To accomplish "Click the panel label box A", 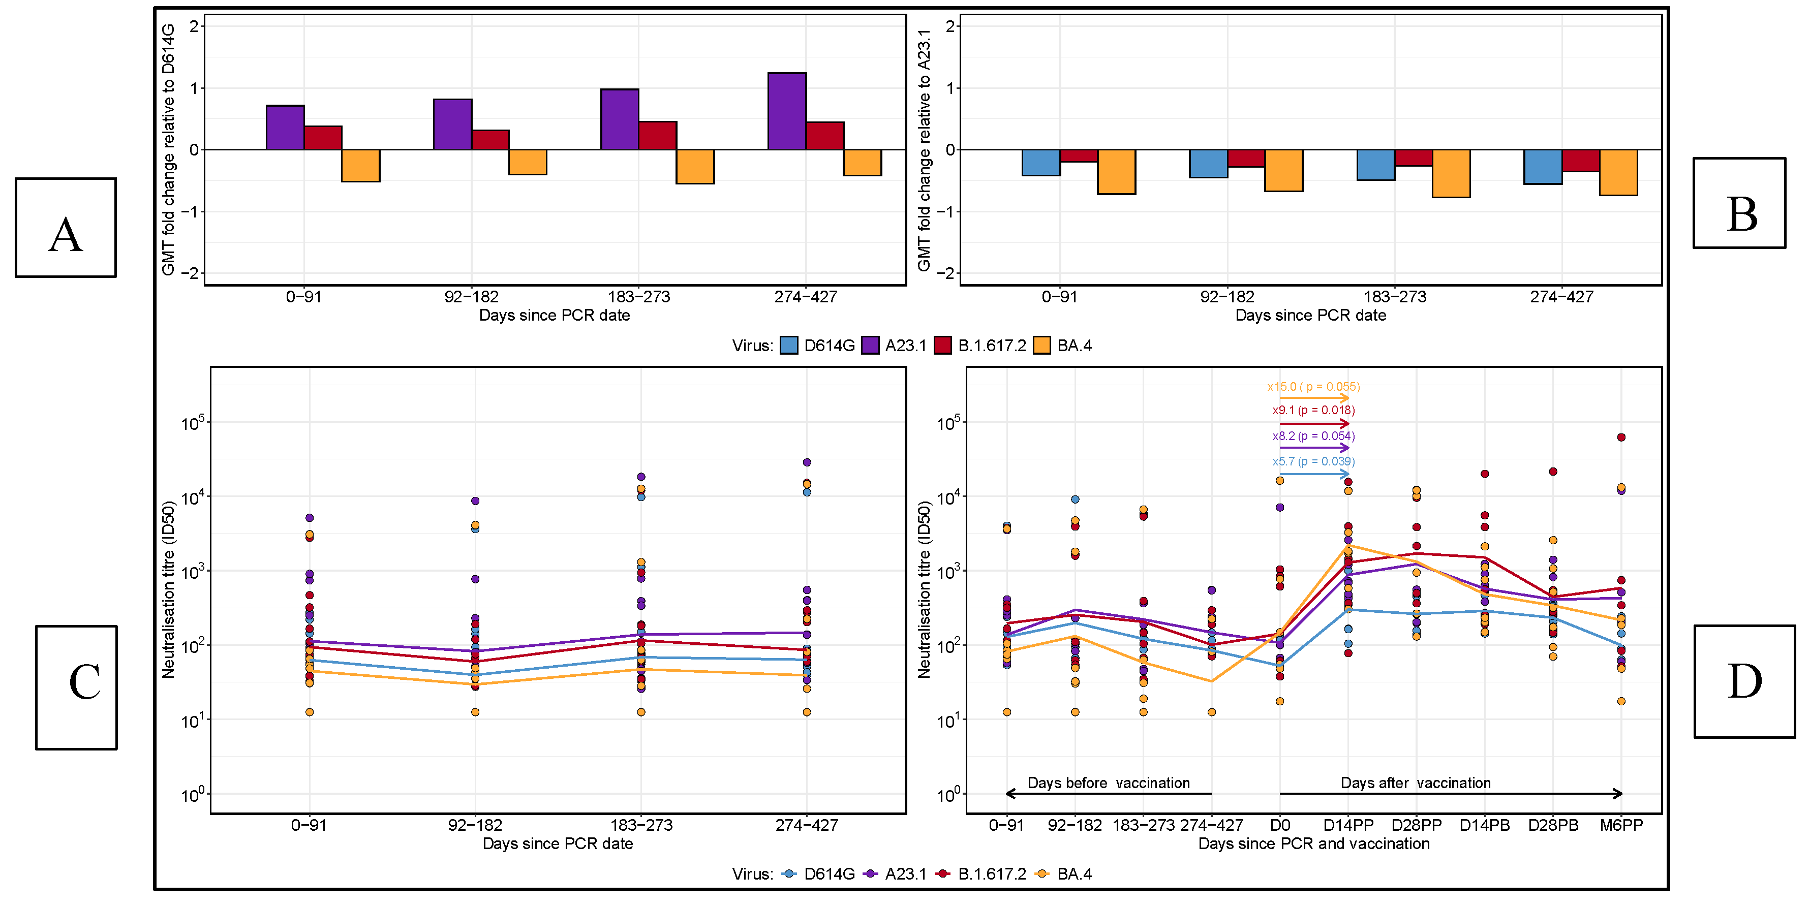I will click(66, 228).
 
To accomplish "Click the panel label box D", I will click(1744, 681).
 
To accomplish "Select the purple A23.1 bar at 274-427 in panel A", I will click(786, 111).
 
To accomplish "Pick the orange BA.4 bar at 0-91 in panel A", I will click(360, 166).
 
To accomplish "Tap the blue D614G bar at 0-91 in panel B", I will click(1040, 162).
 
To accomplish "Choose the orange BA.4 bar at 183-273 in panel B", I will click(1451, 174).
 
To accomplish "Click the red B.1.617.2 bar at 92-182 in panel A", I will click(490, 140).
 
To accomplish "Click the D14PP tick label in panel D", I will click(1347, 826).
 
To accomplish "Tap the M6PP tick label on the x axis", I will click(1621, 826).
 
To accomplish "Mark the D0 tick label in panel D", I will click(1279, 826).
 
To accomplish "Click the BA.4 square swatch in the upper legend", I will click(1042, 346).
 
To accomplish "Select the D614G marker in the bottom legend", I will click(789, 874).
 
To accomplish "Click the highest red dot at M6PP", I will click(1621, 437).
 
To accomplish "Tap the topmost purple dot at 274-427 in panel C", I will click(807, 462).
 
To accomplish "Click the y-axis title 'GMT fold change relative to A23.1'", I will click(924, 150).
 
